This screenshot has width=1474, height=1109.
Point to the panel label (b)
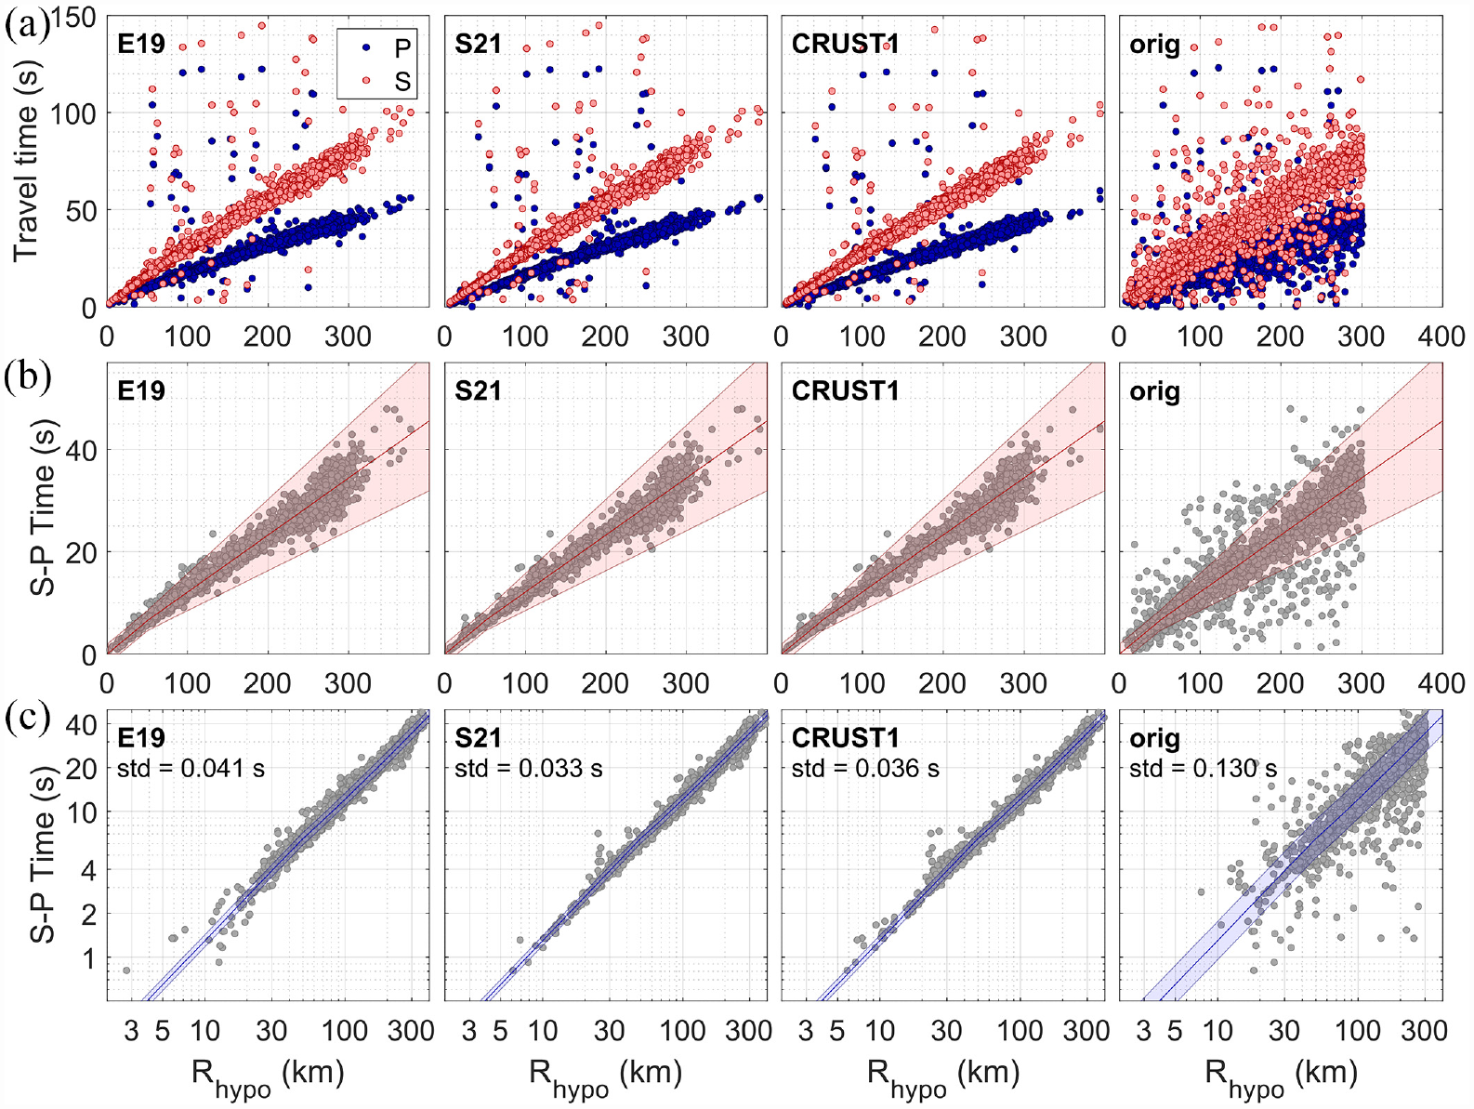tap(28, 378)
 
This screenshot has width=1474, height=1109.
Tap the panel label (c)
tap(27, 718)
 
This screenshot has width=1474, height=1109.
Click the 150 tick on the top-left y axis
tap(73, 18)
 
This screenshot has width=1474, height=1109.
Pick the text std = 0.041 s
tap(191, 768)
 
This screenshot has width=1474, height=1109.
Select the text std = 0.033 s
tap(529, 768)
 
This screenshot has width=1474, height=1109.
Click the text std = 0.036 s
tap(865, 768)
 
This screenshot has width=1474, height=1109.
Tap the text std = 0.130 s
tap(1203, 768)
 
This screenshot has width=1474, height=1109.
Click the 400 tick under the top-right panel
tap(1441, 336)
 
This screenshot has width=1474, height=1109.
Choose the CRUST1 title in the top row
tap(845, 44)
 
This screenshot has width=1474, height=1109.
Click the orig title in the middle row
tap(1154, 391)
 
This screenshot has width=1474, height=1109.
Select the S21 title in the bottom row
tap(478, 738)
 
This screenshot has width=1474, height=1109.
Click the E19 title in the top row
tap(141, 44)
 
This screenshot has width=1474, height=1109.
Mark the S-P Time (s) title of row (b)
tap(43, 508)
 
